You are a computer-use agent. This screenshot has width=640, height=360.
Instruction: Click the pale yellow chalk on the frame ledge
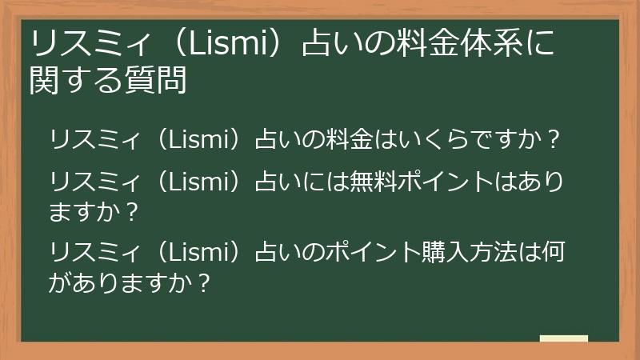(x=563, y=339)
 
